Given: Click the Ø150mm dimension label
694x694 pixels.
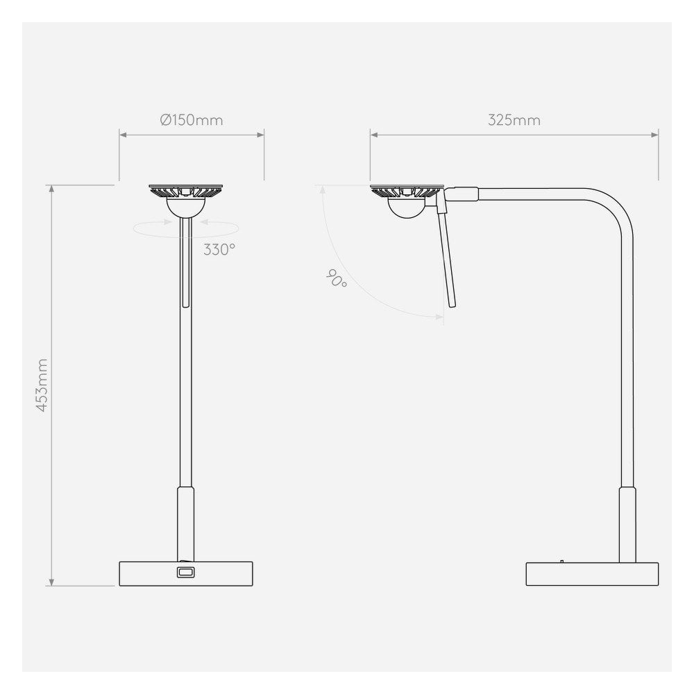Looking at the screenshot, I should click(192, 120).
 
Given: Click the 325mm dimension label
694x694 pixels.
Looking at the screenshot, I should click(514, 120).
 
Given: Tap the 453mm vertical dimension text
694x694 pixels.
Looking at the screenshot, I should click(42, 386).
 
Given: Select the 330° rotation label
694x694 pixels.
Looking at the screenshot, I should click(219, 250).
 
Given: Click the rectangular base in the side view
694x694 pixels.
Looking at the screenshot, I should click(591, 574).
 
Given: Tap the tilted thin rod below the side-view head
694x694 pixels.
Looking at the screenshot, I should click(447, 257).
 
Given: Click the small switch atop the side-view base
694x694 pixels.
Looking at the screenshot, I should click(561, 559).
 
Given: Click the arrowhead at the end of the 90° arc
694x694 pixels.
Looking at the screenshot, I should click(440, 317).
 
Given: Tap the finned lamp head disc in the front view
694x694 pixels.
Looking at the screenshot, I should click(185, 190).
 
